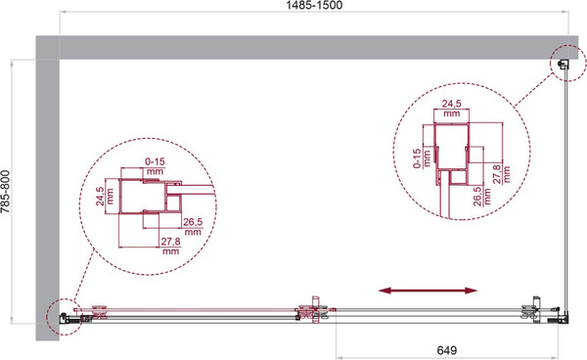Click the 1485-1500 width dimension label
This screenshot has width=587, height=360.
[314, 5]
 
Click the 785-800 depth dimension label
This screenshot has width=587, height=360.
[5, 192]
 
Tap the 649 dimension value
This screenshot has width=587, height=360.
[447, 350]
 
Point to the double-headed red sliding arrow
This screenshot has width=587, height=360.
[428, 291]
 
